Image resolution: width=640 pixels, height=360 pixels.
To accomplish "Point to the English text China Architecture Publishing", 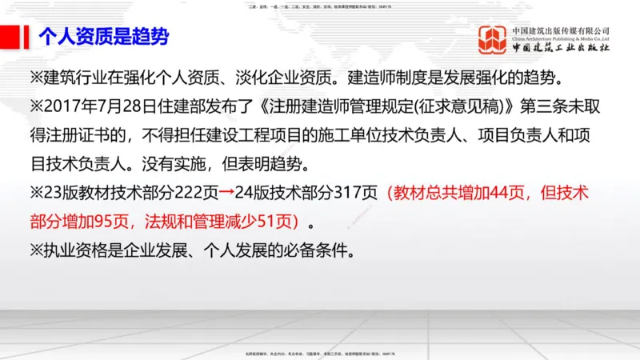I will click(561, 38).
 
